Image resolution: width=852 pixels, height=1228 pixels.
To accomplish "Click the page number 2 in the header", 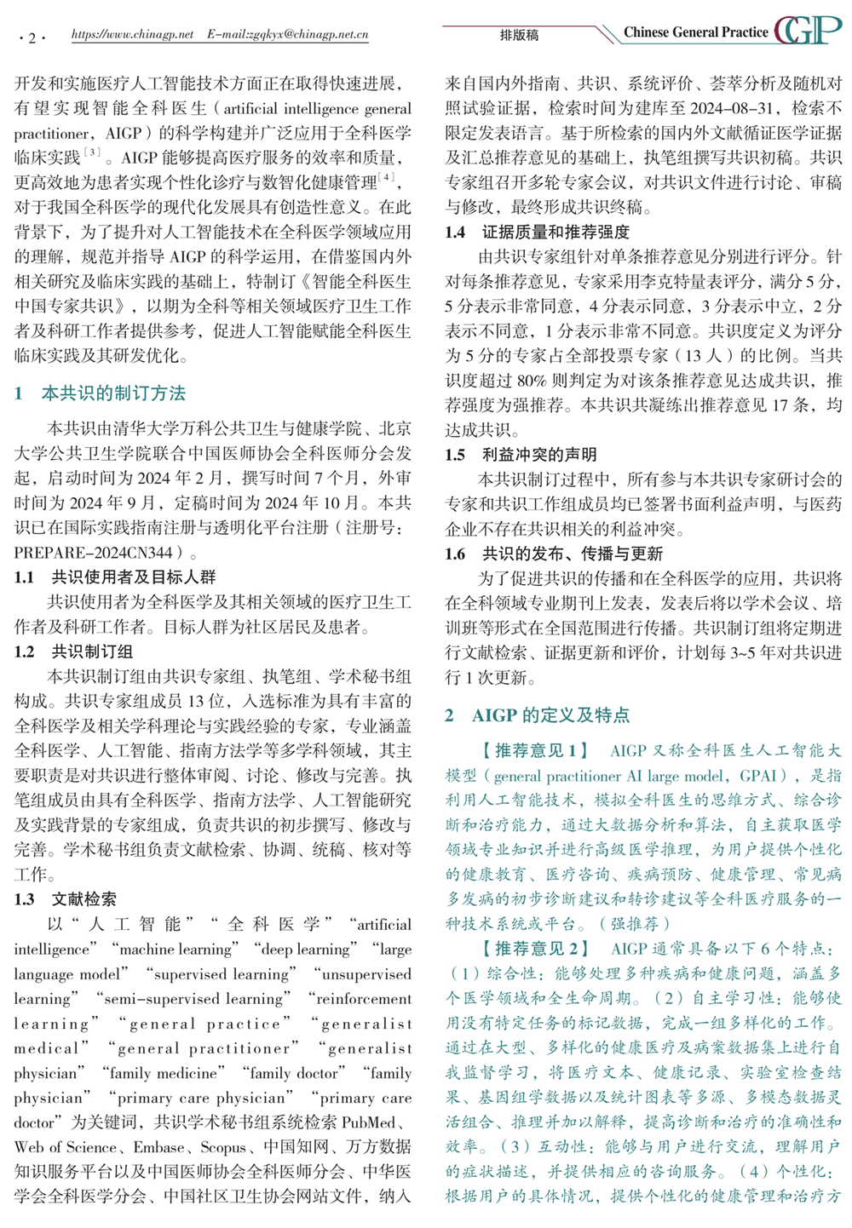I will (x=32, y=37).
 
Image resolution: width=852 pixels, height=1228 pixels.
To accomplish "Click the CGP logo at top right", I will (x=807, y=31).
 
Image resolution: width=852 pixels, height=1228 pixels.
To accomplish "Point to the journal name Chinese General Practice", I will (x=695, y=32).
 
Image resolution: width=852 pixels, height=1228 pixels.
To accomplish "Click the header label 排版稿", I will (x=519, y=36).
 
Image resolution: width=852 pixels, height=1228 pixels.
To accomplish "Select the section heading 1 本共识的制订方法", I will (x=100, y=393).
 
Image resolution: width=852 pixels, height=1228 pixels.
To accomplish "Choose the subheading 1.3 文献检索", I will (x=66, y=899).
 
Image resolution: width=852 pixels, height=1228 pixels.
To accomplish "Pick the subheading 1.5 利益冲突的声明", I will (x=521, y=455).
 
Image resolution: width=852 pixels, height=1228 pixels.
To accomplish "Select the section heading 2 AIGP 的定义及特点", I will (x=538, y=715).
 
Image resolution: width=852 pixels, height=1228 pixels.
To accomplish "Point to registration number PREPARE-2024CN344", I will (x=94, y=553).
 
